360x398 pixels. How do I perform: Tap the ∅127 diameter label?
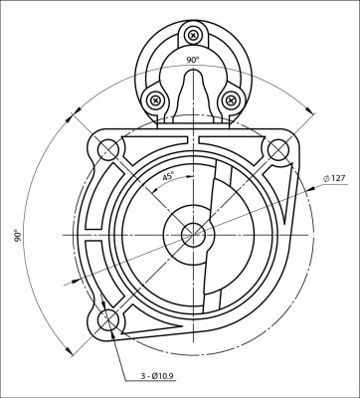pos(333,178)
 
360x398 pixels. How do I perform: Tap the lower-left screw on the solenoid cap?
pos(155,99)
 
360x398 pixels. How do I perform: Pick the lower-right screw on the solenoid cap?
pos(231,99)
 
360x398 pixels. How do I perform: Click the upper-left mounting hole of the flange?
pos(107,150)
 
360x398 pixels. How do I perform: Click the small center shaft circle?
pos(192,235)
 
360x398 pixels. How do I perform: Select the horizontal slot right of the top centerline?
pos(229,137)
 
